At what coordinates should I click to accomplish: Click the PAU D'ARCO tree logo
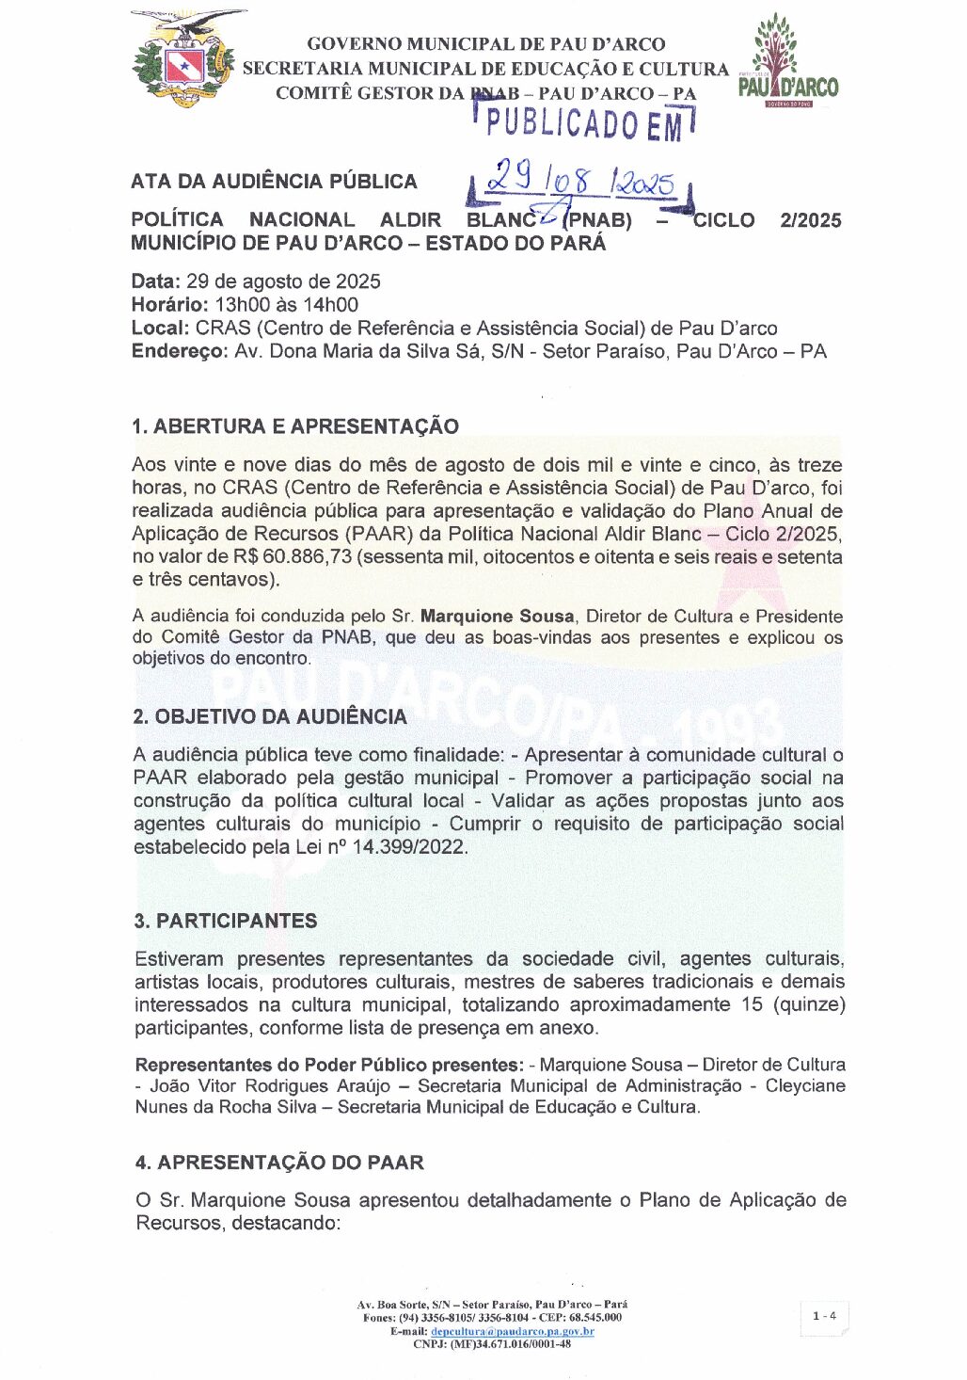click(x=787, y=61)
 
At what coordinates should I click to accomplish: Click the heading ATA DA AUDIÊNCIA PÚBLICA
click(x=274, y=182)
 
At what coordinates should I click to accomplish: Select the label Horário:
click(x=170, y=305)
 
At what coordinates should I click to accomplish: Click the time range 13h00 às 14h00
click(x=287, y=305)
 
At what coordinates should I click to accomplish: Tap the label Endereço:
click(x=180, y=352)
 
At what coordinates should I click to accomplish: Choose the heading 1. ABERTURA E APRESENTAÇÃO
click(x=295, y=426)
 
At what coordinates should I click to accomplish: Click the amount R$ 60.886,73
click(x=293, y=557)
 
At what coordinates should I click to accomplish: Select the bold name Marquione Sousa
click(x=497, y=617)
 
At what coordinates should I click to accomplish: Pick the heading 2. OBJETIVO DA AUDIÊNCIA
click(x=270, y=716)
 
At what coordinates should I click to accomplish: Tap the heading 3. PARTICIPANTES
click(x=226, y=921)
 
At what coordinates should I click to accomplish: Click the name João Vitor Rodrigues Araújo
click(x=270, y=1086)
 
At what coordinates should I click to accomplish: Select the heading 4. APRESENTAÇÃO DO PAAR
click(x=279, y=1163)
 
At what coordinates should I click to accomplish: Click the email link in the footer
click(x=513, y=1331)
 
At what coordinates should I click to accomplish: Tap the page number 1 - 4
click(x=824, y=1316)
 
